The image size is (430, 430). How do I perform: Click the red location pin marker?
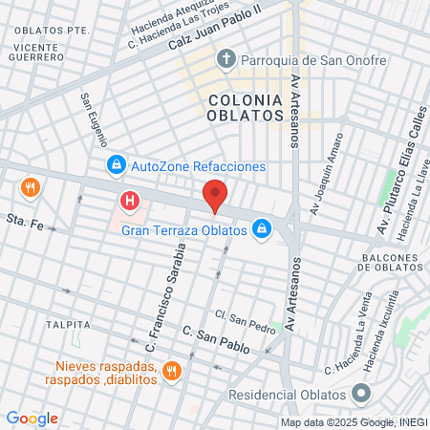pyautogui.click(x=215, y=194)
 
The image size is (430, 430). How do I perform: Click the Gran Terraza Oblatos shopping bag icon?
pyautogui.click(x=261, y=228)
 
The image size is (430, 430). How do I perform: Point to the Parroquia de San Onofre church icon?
pyautogui.click(x=226, y=60)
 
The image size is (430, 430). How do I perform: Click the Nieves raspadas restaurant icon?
pyautogui.click(x=172, y=370)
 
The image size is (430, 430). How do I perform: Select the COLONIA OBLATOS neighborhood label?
pyautogui.click(x=245, y=106)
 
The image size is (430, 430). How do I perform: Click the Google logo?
pyautogui.click(x=32, y=418)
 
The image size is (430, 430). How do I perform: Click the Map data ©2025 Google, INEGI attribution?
pyautogui.click(x=354, y=421)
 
